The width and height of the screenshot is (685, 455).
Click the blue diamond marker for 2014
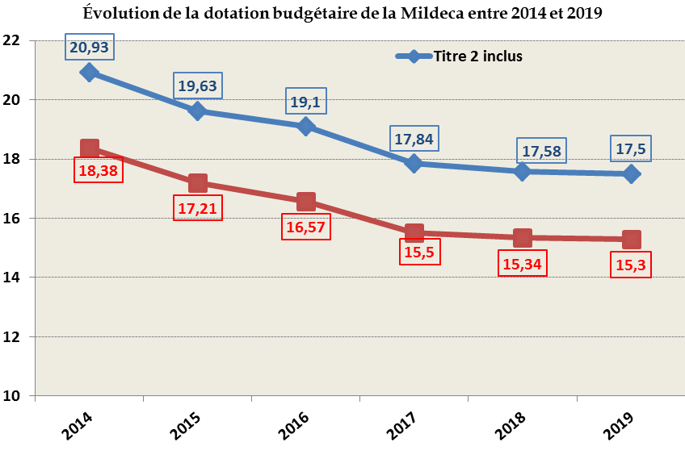pyautogui.click(x=90, y=73)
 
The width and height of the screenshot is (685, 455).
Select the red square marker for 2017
pyautogui.click(x=414, y=233)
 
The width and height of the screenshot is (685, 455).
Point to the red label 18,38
pyautogui.click(x=99, y=170)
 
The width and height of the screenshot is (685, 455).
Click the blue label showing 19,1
pyautogui.click(x=306, y=102)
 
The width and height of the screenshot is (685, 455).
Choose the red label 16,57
pyautogui.click(x=306, y=227)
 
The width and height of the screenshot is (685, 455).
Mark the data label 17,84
pyautogui.click(x=414, y=139)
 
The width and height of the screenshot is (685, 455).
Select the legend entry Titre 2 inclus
pyautogui.click(x=477, y=56)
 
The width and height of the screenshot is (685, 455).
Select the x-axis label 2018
pyautogui.click(x=510, y=424)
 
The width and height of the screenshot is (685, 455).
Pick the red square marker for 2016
pyautogui.click(x=306, y=201)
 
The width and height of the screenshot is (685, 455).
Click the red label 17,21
pyautogui.click(x=198, y=208)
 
